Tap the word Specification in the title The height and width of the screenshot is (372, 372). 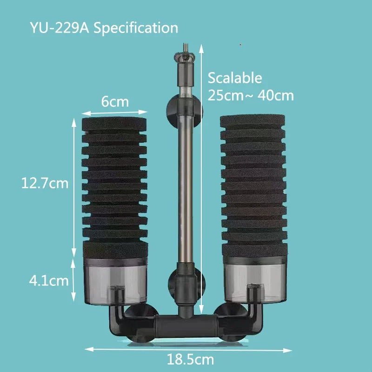coord(136,27)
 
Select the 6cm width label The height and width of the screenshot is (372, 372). coord(115,101)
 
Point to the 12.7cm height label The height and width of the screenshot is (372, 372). coord(45,183)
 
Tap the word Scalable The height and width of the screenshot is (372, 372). coord(235,78)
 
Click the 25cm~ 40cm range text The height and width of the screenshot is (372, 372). coord(251,96)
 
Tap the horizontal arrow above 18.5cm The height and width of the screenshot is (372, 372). coord(188,349)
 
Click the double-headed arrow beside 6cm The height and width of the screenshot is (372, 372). coord(115,112)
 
